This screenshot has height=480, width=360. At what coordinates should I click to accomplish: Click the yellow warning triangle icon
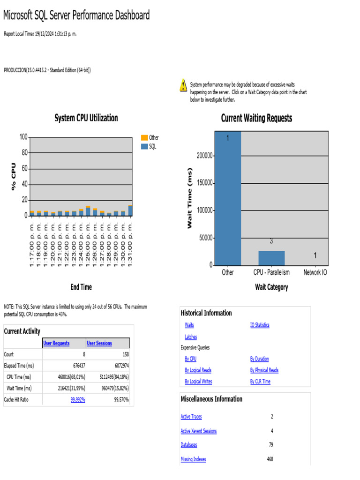click(183, 85)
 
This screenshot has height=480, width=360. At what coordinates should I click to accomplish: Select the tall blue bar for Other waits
click(227, 197)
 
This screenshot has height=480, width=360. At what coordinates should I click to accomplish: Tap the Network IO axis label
click(315, 272)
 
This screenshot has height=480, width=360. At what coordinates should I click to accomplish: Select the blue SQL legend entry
click(150, 146)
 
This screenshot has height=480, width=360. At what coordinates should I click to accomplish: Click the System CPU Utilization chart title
click(86, 118)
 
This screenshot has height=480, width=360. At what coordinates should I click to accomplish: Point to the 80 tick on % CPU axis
click(23, 153)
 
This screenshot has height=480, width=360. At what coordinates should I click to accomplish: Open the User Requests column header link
click(56, 343)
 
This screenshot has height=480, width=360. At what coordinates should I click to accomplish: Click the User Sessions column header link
click(99, 343)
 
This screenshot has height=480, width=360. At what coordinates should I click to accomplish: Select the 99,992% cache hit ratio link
click(78, 399)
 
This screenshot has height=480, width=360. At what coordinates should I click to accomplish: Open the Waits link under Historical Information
click(189, 325)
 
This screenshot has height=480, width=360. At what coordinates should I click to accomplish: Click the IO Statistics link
click(260, 325)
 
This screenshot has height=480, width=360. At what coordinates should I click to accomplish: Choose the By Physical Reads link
click(264, 370)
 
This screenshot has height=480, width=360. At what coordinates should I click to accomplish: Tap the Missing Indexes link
click(193, 459)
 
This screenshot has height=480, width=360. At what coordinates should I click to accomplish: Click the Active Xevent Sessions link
click(199, 431)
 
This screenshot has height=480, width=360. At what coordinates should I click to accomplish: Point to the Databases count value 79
click(271, 445)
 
